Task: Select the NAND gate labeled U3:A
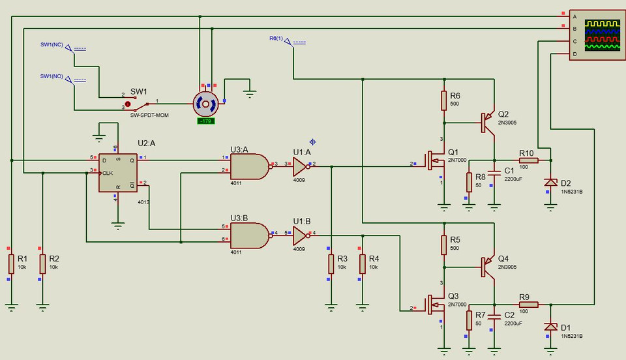click(249, 166)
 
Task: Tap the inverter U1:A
click(299, 164)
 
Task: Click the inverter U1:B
click(299, 233)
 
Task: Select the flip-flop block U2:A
click(118, 173)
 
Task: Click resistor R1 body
click(11, 264)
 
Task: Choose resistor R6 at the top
click(444, 100)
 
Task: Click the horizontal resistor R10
click(528, 160)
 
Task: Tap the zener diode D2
click(551, 183)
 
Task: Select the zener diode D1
click(551, 327)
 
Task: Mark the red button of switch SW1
click(128, 104)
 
